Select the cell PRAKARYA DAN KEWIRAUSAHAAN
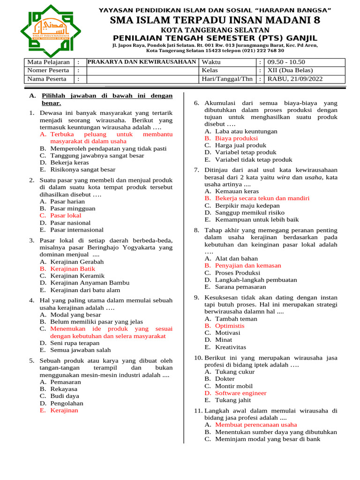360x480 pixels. click(142, 62)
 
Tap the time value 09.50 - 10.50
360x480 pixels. click(285, 62)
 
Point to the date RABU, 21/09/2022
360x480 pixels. click(295, 79)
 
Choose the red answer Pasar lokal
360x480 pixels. click(66, 216)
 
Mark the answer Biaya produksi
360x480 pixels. click(236, 138)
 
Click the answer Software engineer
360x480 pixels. click(240, 393)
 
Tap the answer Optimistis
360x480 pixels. click(230, 325)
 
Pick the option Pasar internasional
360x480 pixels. click(77, 230)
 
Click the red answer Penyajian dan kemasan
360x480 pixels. click(248, 265)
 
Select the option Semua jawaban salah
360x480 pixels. click(80, 350)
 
